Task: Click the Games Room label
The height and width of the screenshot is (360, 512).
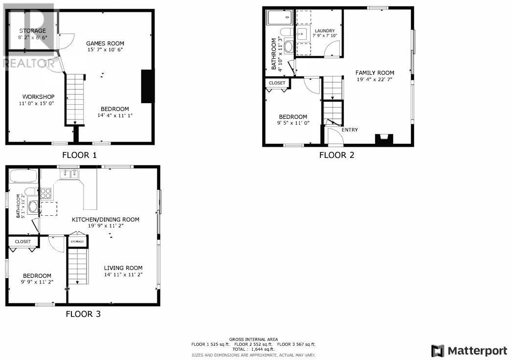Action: pos(105,43)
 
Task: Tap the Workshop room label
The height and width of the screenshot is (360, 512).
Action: pos(38,97)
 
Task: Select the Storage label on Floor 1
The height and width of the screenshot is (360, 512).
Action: pos(32,31)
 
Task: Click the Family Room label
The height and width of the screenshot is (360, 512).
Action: pos(375,73)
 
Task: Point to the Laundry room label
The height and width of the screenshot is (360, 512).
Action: pos(325,31)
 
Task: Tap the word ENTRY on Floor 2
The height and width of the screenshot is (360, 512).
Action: pos(350,130)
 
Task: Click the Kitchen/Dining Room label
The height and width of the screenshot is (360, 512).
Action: pos(106,220)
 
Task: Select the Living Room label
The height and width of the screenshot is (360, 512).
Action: pos(123,268)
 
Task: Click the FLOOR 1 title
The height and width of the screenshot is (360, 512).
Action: pos(79,155)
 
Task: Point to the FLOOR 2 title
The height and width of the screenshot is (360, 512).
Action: pos(336,155)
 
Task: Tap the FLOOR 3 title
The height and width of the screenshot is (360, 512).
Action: pos(83,314)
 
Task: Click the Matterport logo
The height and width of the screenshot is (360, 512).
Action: pos(469,351)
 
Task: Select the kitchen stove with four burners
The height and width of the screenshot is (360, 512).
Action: pos(45,193)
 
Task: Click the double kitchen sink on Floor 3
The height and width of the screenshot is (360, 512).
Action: pos(69,174)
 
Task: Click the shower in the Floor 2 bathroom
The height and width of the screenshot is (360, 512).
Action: pos(280,17)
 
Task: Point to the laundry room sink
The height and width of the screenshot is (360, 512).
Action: pos(302,34)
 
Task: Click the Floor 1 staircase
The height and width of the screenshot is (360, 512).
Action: pos(75,99)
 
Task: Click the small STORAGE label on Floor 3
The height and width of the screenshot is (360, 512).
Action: pos(77,242)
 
